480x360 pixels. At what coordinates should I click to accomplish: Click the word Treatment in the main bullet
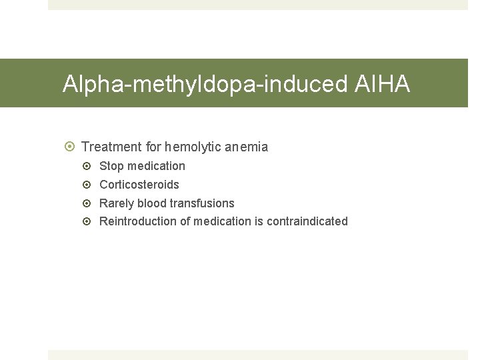coord(111,147)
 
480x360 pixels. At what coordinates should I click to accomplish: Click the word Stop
coord(111,166)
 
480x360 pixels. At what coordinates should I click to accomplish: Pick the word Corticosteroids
coord(139,185)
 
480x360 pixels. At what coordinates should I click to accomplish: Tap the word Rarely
coord(117,203)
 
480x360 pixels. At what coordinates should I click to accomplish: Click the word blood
coord(152,203)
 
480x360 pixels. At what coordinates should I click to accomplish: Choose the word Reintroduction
coord(138,221)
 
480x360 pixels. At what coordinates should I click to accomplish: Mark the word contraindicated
coord(307,221)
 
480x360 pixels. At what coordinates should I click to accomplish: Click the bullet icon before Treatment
coord(71,147)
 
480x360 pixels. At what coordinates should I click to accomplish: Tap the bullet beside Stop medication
coord(90,166)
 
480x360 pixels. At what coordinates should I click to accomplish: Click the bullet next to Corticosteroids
coord(90,185)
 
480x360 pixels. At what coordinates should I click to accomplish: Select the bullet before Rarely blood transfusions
coord(90,203)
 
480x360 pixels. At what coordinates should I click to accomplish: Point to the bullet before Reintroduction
coord(90,221)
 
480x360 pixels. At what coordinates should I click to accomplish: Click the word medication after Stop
coord(156,166)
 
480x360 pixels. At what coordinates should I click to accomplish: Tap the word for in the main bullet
coord(153,147)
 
